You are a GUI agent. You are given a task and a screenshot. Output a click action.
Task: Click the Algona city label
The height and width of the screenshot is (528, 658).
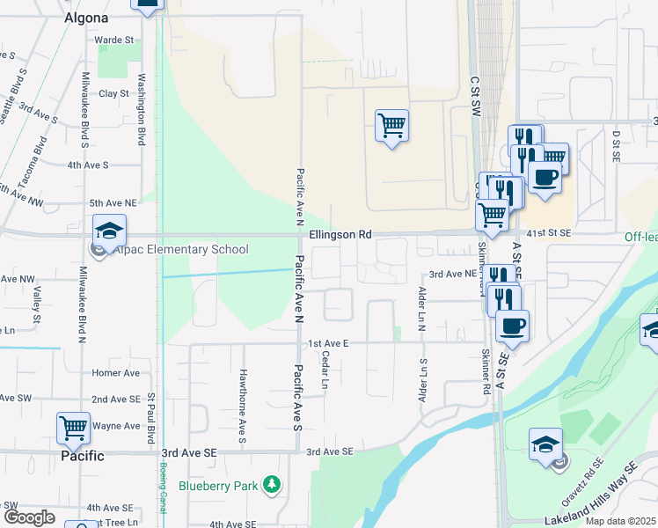point(86,18)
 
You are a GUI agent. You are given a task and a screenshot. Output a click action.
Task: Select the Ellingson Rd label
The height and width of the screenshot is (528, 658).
point(341,236)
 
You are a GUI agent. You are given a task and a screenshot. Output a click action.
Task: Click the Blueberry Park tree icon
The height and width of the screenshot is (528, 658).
point(274,484)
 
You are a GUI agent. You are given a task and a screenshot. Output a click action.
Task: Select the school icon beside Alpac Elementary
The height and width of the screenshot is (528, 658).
point(110,231)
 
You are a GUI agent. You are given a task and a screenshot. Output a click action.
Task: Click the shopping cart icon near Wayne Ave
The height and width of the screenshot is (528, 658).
point(74,429)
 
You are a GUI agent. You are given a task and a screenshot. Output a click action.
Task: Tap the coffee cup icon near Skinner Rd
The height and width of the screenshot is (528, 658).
point(512,326)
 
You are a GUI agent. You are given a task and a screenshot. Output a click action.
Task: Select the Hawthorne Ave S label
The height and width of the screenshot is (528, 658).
point(242,392)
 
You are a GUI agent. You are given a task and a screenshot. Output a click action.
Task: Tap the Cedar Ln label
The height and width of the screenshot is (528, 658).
point(325,370)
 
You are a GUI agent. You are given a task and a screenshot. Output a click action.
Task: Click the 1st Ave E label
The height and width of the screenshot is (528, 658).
point(329,342)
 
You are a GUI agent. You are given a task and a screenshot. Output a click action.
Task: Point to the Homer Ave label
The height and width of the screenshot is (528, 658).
point(115,373)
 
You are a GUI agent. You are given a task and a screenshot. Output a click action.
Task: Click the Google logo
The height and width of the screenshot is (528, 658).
point(28,517)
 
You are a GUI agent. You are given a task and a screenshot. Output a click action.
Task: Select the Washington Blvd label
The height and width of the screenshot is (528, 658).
point(141,108)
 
